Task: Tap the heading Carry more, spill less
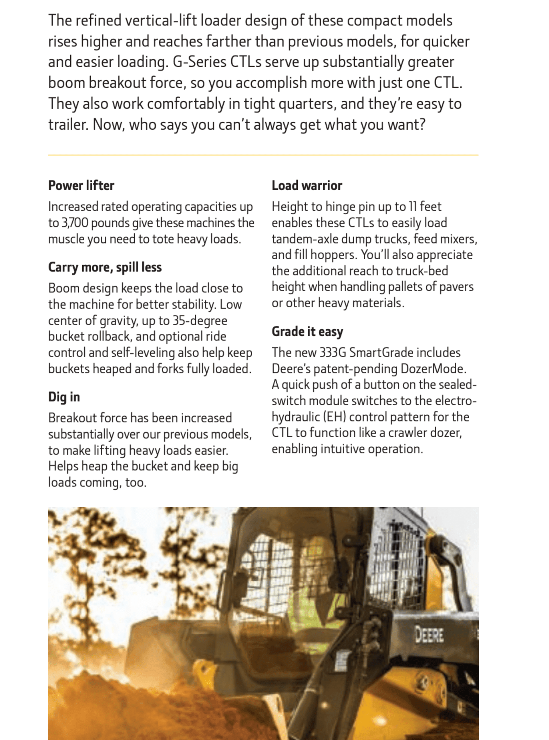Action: (105, 267)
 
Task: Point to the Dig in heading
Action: (64, 397)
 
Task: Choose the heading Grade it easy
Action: (307, 332)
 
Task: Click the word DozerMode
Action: (433, 369)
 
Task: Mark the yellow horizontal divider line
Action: (263, 155)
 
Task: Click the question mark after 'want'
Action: (422, 125)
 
